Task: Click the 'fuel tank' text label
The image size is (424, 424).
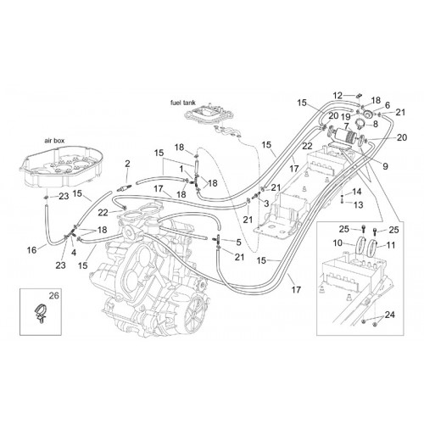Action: pos(183,103)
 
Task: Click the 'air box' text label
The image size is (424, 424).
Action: pos(54,141)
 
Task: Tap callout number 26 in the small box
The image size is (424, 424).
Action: pos(54,296)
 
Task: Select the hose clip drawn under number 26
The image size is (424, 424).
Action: pos(40,313)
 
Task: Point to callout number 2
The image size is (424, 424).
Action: pos(127,164)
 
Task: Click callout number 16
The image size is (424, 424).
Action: pos(31,250)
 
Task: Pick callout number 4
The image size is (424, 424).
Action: pos(74,253)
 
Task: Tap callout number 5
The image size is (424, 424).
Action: pos(239,242)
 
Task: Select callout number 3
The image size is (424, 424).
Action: pos(266,204)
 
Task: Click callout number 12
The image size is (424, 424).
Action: pos(338,96)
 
